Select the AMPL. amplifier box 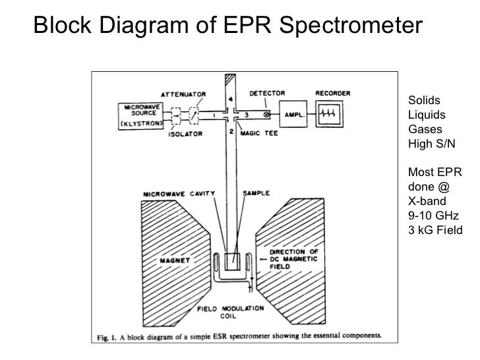[295, 114]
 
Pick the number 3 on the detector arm [245, 114]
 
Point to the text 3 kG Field [436, 230]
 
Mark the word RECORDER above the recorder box [332, 93]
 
